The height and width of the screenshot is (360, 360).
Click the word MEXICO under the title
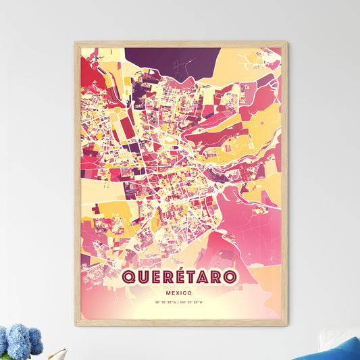180,294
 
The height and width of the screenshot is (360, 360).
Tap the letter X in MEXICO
179,294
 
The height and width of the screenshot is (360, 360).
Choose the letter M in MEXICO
166,294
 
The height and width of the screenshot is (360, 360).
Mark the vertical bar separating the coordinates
180,309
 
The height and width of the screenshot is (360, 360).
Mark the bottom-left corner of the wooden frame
76,325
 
